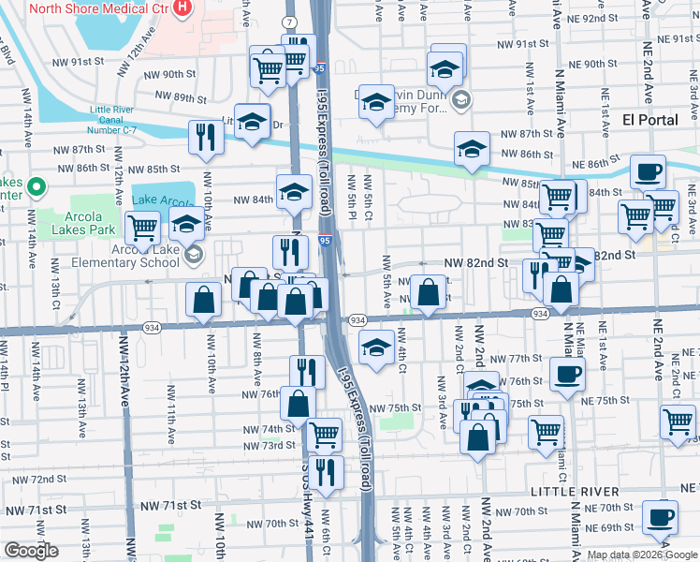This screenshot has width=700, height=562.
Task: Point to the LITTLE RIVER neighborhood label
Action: [575, 492]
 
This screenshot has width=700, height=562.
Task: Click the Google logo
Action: [32, 551]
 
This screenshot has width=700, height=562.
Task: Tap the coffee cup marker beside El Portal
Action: [648, 173]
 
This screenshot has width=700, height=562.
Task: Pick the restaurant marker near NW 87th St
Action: [205, 137]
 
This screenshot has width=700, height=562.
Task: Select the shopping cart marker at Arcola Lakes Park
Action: [142, 227]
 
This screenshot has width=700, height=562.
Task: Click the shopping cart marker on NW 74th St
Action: [324, 434]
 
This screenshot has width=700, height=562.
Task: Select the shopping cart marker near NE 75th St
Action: [546, 432]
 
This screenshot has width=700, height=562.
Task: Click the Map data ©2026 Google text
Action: [641, 555]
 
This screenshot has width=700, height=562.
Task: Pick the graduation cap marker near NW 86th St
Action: [472, 148]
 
